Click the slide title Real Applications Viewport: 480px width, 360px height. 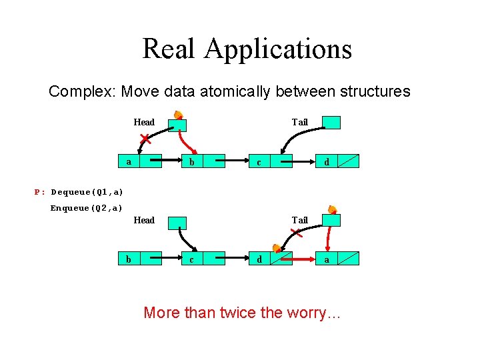(x=247, y=49)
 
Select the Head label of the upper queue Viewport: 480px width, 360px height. (x=144, y=122)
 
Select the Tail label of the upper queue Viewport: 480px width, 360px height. (x=299, y=122)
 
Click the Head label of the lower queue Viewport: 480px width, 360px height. (x=144, y=220)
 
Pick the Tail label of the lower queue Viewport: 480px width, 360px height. (x=299, y=220)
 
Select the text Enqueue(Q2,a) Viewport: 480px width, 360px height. (x=87, y=208)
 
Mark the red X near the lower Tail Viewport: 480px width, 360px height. (x=297, y=233)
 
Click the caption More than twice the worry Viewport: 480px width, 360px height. (x=242, y=312)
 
